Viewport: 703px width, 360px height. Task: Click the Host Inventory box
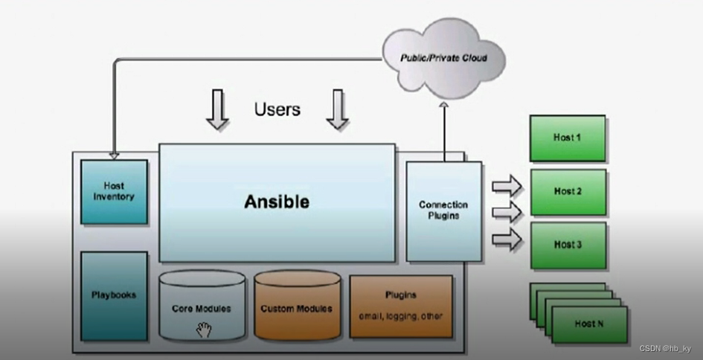tap(114, 191)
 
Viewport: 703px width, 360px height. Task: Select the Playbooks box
tap(114, 295)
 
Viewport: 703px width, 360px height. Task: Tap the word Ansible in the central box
tap(277, 202)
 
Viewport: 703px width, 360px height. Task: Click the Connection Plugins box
tap(443, 210)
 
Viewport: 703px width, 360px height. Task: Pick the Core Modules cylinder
tap(202, 306)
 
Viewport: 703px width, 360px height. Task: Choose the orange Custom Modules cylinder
tap(297, 306)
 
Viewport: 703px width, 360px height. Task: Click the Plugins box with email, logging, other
tap(401, 306)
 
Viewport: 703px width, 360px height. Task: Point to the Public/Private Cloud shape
tap(443, 58)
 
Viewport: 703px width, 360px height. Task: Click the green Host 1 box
tap(568, 138)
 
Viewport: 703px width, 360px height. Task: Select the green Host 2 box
tap(568, 192)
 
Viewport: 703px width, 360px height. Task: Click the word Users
tap(277, 109)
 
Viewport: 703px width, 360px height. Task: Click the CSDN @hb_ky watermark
tap(665, 349)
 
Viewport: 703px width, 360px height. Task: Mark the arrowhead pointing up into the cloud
tap(443, 107)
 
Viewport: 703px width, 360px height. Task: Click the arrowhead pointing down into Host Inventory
tap(113, 155)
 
